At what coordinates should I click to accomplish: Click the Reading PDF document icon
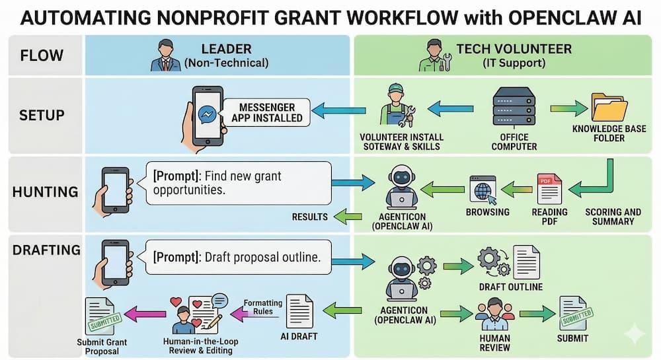549,188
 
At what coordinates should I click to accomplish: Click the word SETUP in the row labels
41,115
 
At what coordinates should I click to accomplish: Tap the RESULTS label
310,216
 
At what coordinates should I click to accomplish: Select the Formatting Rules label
262,307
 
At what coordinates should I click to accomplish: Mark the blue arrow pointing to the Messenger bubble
338,111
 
